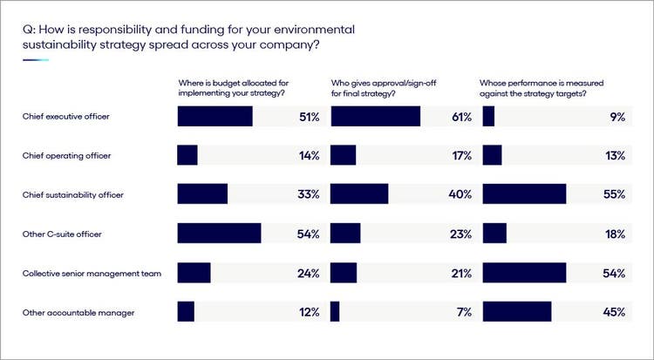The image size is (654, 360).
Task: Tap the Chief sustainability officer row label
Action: [x=72, y=194]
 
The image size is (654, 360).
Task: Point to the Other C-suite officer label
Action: [x=62, y=234]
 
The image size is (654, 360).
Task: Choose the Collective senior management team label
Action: [x=92, y=273]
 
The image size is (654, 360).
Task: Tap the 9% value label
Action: [x=617, y=117]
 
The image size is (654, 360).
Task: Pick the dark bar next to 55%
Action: [x=524, y=194]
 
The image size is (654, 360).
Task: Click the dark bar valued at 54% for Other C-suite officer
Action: [x=219, y=234]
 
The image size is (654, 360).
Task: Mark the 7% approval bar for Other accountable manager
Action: [x=335, y=311]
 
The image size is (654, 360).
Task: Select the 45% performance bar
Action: [x=517, y=311]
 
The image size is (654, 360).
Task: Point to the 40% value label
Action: [x=460, y=194]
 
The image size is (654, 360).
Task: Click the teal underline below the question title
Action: [x=36, y=60]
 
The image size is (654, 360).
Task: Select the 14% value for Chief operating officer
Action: [x=309, y=155]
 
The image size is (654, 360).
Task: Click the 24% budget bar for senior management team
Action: [x=194, y=273]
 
